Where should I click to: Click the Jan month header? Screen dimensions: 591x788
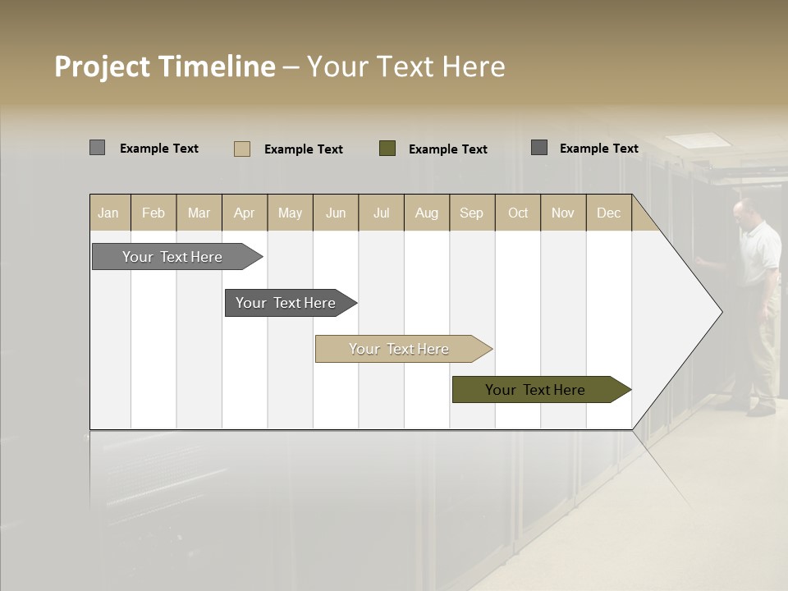tap(109, 213)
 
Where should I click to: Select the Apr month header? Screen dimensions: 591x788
tap(245, 213)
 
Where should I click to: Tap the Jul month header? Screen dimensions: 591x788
tap(381, 213)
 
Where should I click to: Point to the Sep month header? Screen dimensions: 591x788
tap(471, 213)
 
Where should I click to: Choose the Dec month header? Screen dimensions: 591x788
tap(608, 213)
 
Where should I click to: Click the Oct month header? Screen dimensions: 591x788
tap(517, 213)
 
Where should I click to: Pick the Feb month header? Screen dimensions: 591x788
tap(153, 213)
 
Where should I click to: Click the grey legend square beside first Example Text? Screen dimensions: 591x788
tap(98, 148)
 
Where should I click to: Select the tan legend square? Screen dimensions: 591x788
tap(242, 149)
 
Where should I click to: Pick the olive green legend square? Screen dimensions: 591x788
tap(387, 148)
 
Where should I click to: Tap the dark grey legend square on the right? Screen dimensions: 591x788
tap(539, 148)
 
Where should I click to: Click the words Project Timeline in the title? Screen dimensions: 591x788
tap(164, 66)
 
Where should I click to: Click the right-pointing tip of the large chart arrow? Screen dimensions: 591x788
tap(720, 311)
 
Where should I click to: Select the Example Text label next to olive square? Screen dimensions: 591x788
tap(447, 149)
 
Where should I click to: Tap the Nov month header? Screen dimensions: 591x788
tap(563, 213)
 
